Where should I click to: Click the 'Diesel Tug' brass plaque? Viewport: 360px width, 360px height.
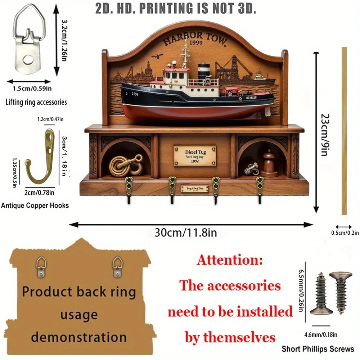pos(195,156)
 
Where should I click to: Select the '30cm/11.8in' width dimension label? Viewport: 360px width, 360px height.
pos(186,233)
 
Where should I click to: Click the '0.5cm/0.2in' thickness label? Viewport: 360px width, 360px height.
pos(345,233)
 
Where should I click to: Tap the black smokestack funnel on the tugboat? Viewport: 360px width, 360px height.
pos(204,70)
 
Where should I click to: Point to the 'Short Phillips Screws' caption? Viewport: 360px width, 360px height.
pos(318,348)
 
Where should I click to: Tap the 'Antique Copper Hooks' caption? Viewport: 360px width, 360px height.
pos(35,206)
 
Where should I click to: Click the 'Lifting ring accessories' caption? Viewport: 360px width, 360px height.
pos(36,102)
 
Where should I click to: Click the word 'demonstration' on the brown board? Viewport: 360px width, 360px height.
pos(78,337)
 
